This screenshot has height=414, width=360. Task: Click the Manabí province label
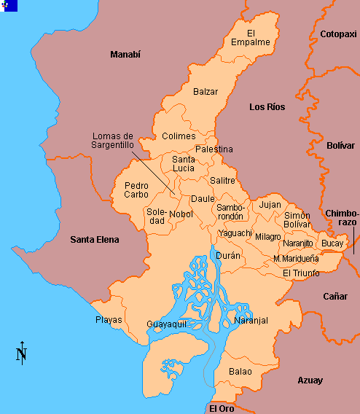coord(125,55)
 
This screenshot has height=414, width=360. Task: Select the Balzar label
coord(206,92)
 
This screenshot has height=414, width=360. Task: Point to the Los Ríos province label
coord(267,107)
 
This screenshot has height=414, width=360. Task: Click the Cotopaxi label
coord(337,34)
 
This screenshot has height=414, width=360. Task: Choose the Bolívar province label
coord(340,146)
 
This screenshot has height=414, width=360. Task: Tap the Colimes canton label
coord(179,136)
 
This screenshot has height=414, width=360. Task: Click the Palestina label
coord(214,149)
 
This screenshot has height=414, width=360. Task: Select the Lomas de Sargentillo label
coord(113,141)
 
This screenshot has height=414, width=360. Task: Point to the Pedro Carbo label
coord(136,190)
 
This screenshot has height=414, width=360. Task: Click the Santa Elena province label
coord(94,239)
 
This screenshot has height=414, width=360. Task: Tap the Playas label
coord(109,320)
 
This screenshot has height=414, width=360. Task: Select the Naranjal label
coord(251,321)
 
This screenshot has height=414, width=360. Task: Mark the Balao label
coord(240,372)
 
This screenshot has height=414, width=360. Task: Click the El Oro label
coord(222,408)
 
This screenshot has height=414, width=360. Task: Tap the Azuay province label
coord(310,380)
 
